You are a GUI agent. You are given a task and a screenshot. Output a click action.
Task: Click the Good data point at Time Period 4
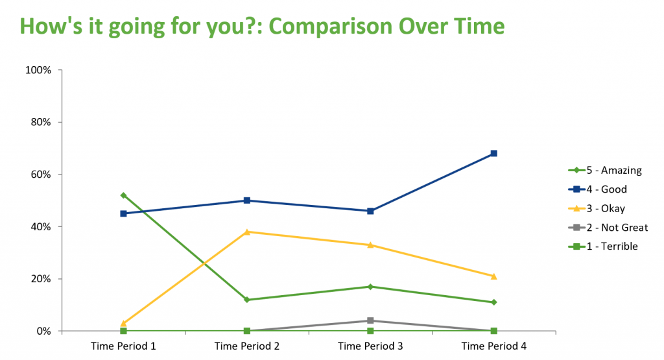click(493, 154)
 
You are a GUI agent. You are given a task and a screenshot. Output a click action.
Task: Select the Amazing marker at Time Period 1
click(123, 195)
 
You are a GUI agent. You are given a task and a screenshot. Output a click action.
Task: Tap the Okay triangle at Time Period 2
click(247, 232)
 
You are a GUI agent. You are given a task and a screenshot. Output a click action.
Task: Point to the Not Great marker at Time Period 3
click(370, 320)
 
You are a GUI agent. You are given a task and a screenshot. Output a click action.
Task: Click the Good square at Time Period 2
click(247, 200)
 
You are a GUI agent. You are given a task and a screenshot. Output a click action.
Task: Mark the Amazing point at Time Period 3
click(370, 287)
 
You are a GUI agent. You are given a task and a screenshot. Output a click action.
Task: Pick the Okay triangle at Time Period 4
click(493, 276)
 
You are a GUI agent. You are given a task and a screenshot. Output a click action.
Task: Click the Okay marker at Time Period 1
click(123, 323)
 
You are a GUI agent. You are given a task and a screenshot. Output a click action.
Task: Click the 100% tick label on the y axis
click(38, 70)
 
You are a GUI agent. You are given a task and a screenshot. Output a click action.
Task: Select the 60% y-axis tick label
click(40, 174)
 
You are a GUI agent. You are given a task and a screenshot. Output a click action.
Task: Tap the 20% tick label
click(40, 279)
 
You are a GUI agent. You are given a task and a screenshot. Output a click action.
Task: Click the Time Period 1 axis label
click(123, 346)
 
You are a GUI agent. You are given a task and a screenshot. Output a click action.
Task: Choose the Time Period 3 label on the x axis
click(370, 346)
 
